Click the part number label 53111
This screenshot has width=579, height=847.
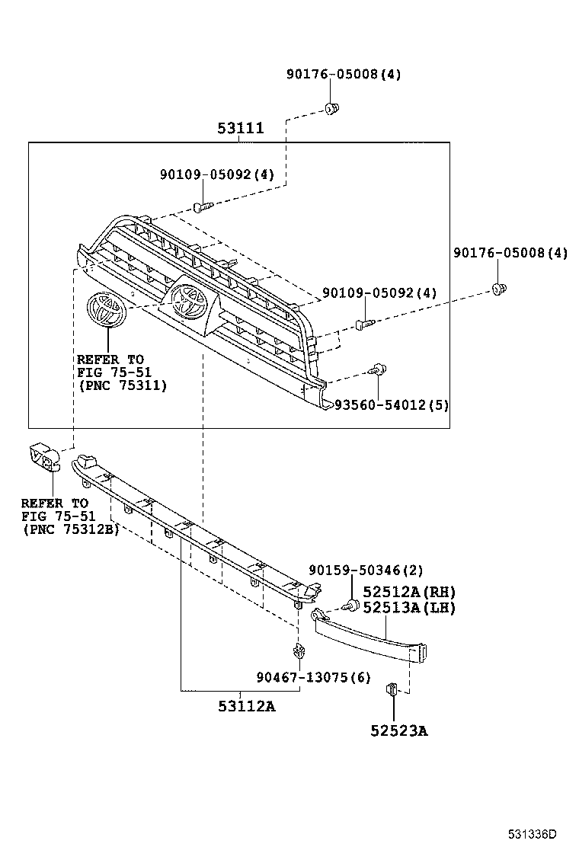tap(240, 128)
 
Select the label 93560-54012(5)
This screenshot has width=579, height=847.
tap(391, 404)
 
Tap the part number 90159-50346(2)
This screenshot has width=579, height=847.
tap(366, 571)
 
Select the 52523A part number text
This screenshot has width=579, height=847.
tap(399, 731)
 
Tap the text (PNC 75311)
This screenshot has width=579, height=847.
tap(123, 386)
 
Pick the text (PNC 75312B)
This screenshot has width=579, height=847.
tap(70, 529)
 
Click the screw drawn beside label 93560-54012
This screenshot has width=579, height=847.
tap(376, 371)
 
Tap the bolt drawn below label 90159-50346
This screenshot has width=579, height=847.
tap(351, 606)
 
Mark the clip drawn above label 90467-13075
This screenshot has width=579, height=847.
tap(299, 652)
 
